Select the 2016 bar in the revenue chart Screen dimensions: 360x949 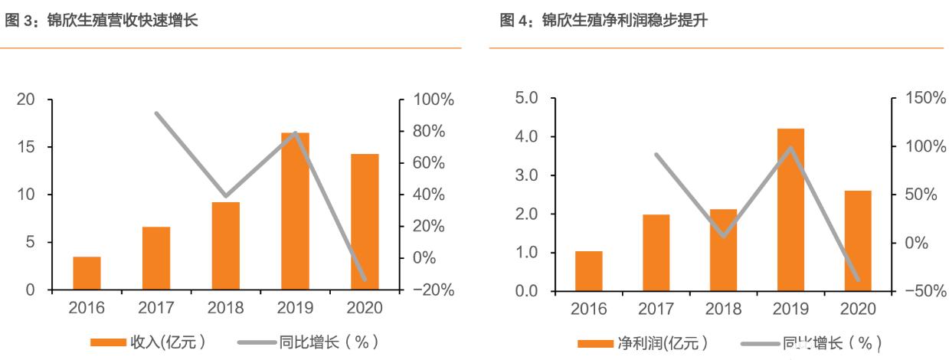click(x=87, y=273)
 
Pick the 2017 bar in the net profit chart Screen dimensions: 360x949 click(x=656, y=253)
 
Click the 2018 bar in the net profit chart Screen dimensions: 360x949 click(x=723, y=250)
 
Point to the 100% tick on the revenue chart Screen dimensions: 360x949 click(x=434, y=100)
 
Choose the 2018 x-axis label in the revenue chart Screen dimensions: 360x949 click(x=225, y=309)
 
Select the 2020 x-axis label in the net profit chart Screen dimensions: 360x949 click(x=858, y=309)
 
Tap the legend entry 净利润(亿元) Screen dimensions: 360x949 click(x=642, y=342)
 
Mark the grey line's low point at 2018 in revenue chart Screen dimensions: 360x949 click(x=225, y=196)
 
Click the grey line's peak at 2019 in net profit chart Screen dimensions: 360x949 click(x=790, y=148)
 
